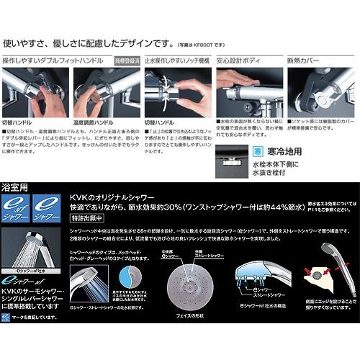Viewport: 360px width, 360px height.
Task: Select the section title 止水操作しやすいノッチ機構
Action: coord(179,63)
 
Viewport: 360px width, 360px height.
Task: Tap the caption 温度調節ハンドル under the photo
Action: coord(93,123)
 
